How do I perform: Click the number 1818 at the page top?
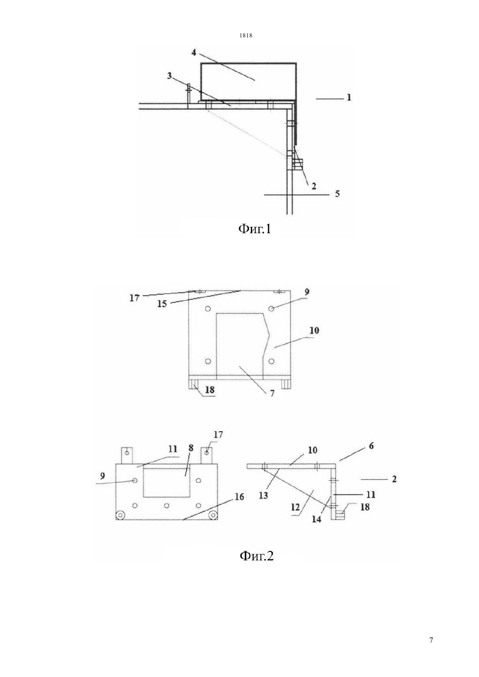(246, 35)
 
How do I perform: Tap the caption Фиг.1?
(255, 229)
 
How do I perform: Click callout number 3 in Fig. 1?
(169, 75)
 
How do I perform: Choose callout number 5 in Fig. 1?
(337, 193)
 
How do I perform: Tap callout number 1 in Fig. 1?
(349, 97)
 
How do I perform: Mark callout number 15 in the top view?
(162, 303)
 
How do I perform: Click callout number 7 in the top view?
(272, 393)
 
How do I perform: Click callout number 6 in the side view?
(371, 446)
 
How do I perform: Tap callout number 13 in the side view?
(263, 496)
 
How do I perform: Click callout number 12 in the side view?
(297, 506)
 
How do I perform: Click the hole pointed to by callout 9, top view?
(271, 308)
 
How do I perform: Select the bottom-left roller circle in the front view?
(121, 514)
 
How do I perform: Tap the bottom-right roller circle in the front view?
(213, 514)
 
